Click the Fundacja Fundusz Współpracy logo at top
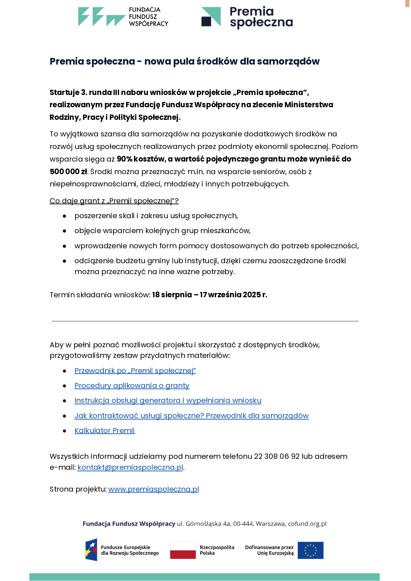pyautogui.click(x=123, y=17)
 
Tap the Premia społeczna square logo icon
pyautogui.click(x=211, y=17)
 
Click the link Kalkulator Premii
pyautogui.click(x=105, y=430)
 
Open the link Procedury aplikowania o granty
pyautogui.click(x=132, y=385)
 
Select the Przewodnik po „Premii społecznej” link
pyautogui.click(x=135, y=370)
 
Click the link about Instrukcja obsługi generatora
pyautogui.click(x=168, y=400)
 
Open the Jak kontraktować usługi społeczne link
pyautogui.click(x=191, y=415)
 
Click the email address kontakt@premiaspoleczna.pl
pyautogui.click(x=130, y=467)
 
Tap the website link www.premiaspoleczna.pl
pyautogui.click(x=153, y=489)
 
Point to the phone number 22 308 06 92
pyautogui.click(x=277, y=456)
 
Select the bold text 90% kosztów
pyautogui.click(x=141, y=159)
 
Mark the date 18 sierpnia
pyautogui.click(x=172, y=295)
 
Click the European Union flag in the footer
pyautogui.click(x=310, y=550)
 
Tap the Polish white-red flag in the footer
pyautogui.click(x=183, y=550)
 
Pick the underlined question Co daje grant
pyautogui.click(x=114, y=201)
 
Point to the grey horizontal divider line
pyautogui.click(x=205, y=321)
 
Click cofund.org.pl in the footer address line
pyautogui.click(x=307, y=524)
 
